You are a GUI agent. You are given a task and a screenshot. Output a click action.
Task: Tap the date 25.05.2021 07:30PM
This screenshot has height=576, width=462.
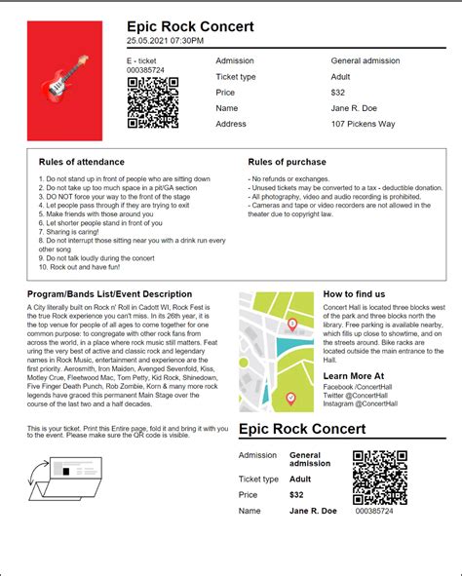pos(165,41)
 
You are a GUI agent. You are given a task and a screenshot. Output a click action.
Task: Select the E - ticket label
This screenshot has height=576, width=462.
pos(141,60)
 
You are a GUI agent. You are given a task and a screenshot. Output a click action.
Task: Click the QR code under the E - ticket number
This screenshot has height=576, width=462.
pos(154,101)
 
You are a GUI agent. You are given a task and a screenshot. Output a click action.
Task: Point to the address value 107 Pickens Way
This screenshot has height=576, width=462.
pos(366,124)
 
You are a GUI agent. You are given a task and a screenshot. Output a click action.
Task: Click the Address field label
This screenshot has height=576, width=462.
pos(231,124)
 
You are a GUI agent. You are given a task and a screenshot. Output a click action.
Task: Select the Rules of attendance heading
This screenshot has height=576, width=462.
pos(81,162)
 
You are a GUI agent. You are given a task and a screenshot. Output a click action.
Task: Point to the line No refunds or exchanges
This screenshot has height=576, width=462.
pos(289,179)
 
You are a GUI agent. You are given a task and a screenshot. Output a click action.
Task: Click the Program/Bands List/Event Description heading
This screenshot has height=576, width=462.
pos(109,293)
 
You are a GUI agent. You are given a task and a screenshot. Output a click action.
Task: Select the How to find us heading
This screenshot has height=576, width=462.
pos(354,293)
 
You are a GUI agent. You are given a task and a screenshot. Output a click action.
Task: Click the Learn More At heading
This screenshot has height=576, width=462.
pos(353,375)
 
